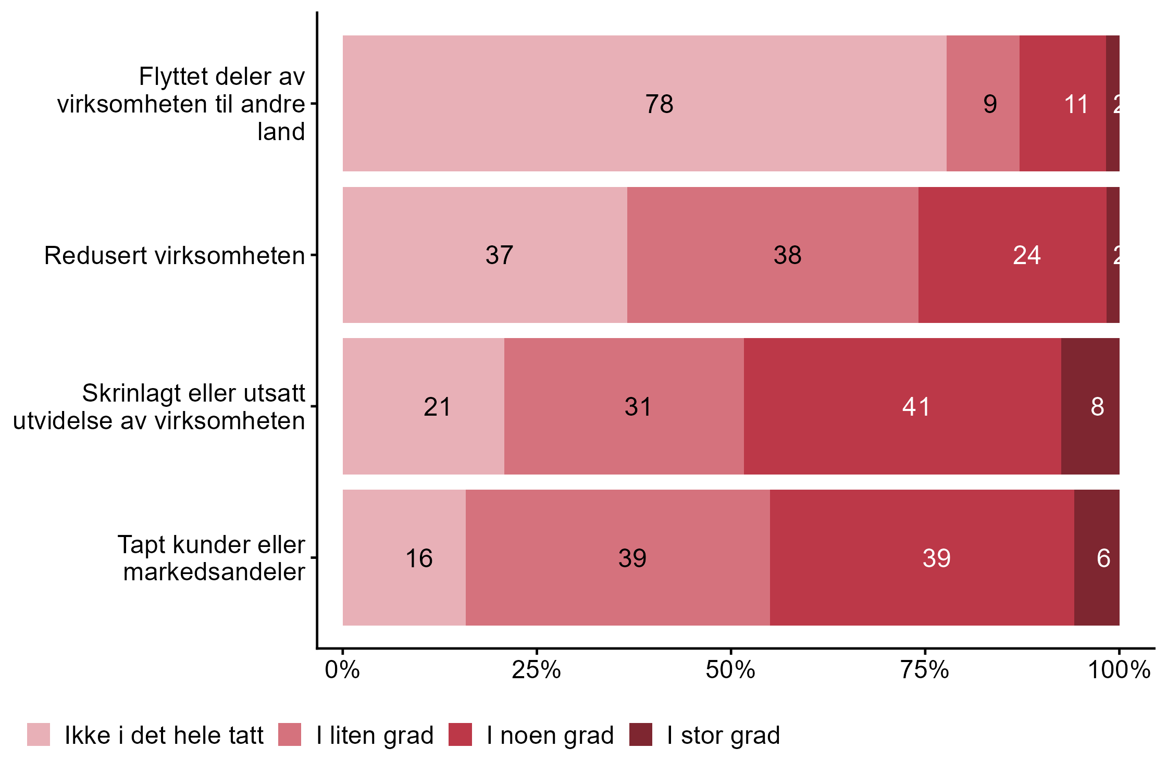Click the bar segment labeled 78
coord(644,103)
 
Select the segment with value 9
coord(983,103)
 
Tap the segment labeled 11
coord(1062,103)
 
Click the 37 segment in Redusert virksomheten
coord(485,255)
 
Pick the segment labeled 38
coord(773,255)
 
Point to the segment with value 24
coord(1012,255)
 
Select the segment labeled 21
coord(424,406)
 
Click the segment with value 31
coord(624,406)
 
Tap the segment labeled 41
coord(902,406)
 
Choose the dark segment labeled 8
coord(1090,406)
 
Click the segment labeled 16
coord(404,558)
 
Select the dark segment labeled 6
coord(1097,558)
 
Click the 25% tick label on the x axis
coord(536,670)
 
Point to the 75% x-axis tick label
coord(925,670)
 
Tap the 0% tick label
coord(342,670)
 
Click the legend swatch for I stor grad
coord(640,734)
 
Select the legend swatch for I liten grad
coord(290,734)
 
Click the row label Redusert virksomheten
coord(175,256)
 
